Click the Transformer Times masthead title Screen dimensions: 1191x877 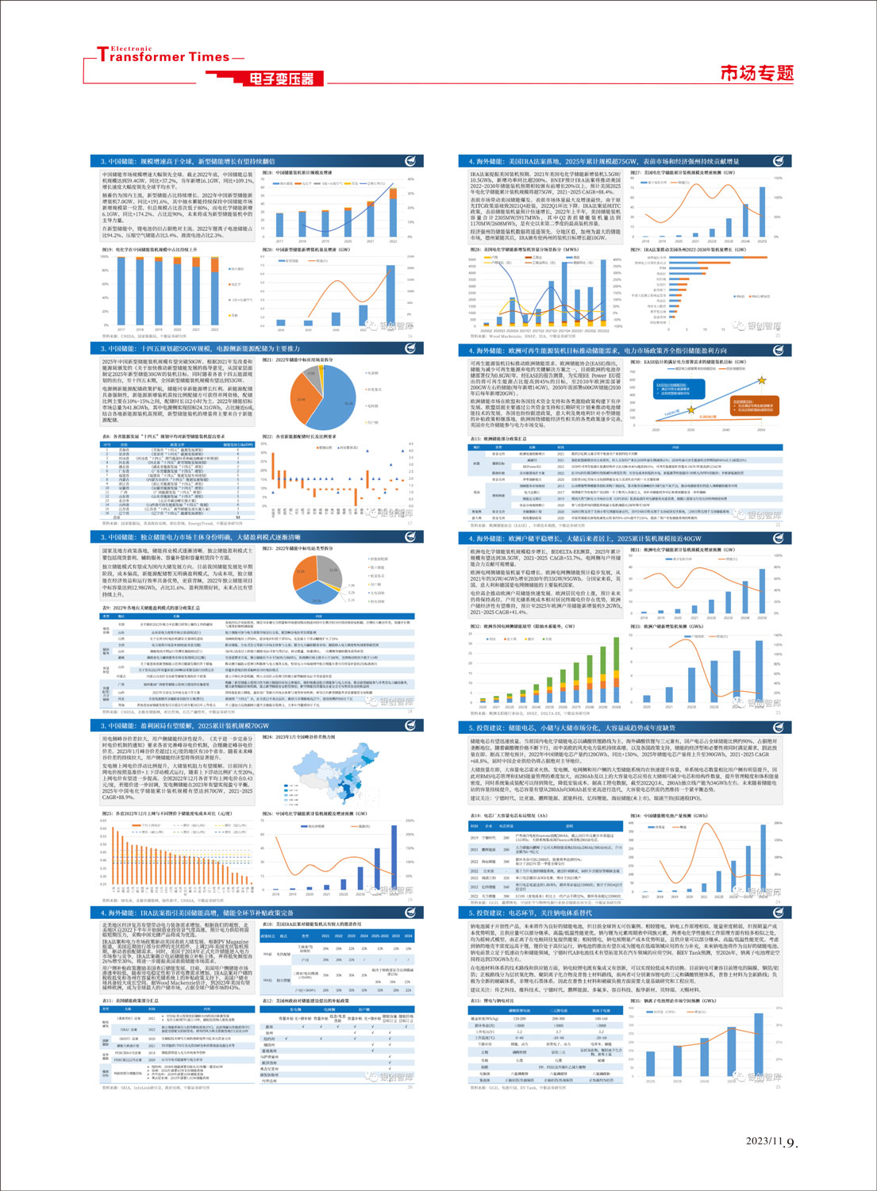[163, 56]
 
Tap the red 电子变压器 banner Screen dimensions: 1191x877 [282, 79]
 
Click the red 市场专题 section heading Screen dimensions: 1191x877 [756, 74]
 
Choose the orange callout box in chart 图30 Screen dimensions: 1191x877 [752, 405]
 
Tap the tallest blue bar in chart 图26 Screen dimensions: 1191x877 [394, 859]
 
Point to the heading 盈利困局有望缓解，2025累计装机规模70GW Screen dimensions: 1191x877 [188, 726]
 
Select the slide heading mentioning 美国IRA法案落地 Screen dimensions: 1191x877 [603, 161]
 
